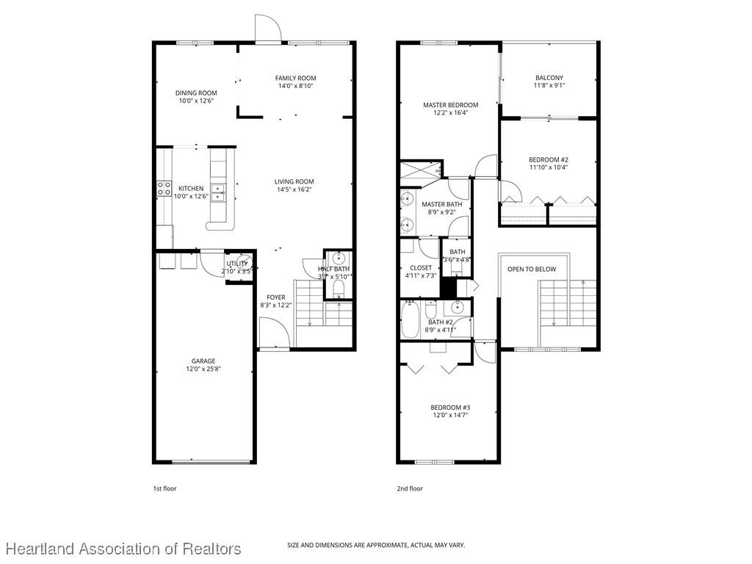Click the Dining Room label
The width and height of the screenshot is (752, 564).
[194, 93]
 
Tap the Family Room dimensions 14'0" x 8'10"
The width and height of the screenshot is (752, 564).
[296, 86]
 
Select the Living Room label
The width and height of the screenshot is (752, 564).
[294, 181]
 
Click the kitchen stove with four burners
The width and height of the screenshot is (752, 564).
[163, 188]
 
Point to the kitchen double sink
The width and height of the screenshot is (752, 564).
[219, 192]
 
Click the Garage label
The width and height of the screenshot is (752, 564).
[203, 361]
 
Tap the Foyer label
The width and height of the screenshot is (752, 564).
[275, 297]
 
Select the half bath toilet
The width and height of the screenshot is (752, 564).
[338, 289]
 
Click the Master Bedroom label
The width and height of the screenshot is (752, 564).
[450, 105]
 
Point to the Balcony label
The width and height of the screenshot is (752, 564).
[549, 77]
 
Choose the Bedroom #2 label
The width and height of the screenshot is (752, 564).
[549, 159]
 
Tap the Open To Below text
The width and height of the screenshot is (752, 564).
[532, 269]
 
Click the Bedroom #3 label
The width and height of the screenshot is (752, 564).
[450, 408]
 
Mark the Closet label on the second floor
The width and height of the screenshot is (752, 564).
[421, 268]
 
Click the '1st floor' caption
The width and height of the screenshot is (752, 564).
[164, 488]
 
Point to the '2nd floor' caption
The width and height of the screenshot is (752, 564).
[411, 488]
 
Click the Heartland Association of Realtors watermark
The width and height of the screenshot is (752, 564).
[123, 549]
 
